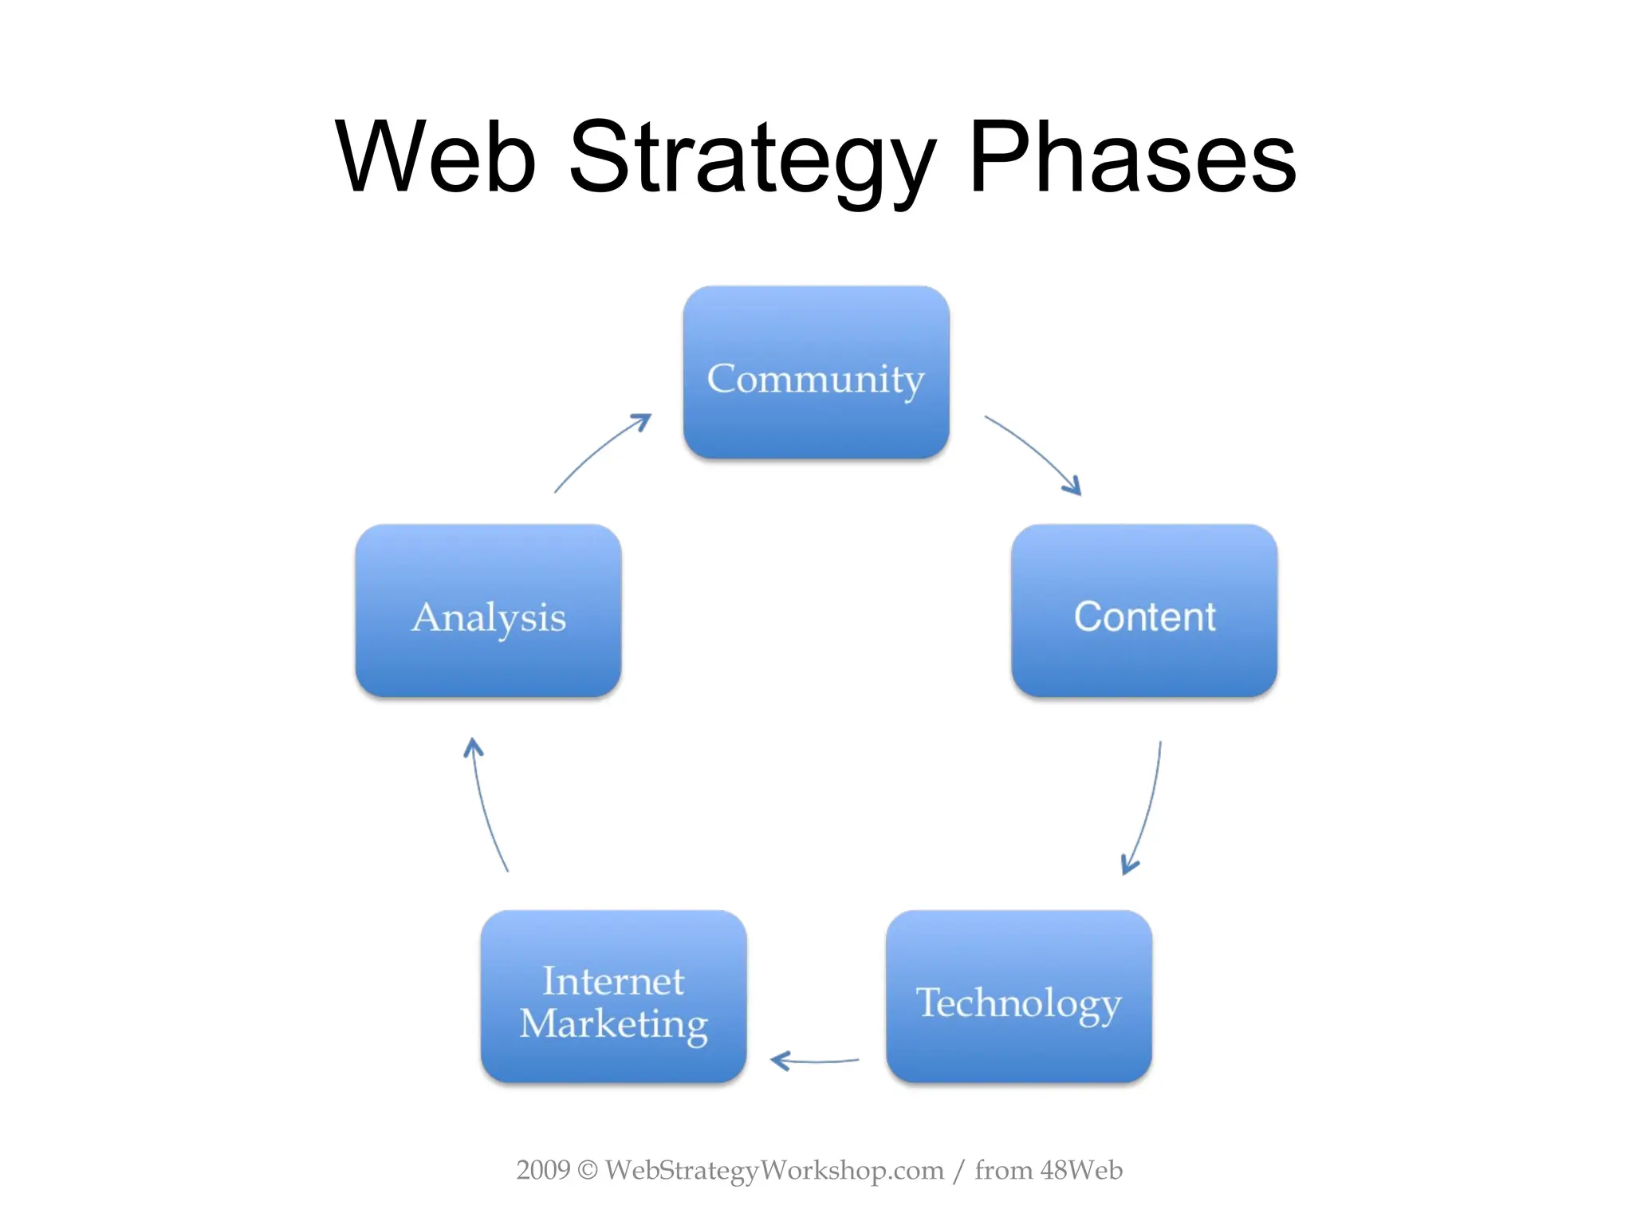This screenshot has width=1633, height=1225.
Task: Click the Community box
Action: (816, 372)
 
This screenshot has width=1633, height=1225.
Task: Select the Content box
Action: (1144, 611)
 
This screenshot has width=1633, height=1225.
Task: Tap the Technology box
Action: (1018, 997)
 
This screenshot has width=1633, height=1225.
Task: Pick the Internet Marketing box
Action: (613, 997)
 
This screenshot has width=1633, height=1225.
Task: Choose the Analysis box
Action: (488, 611)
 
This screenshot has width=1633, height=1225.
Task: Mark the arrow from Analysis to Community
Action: (602, 451)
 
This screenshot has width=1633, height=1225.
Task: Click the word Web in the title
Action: (435, 157)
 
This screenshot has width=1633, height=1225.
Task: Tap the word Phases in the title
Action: (1132, 157)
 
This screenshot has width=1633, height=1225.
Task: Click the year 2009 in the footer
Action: (543, 1170)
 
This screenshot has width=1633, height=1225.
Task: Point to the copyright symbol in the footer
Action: (587, 1170)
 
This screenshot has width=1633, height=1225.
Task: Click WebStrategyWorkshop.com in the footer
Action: (773, 1170)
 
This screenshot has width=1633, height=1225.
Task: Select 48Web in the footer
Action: (1081, 1170)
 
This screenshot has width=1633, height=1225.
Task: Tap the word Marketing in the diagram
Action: (613, 1023)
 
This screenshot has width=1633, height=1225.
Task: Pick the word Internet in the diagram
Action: (613, 980)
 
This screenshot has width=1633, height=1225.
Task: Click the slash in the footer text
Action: (958, 1171)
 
